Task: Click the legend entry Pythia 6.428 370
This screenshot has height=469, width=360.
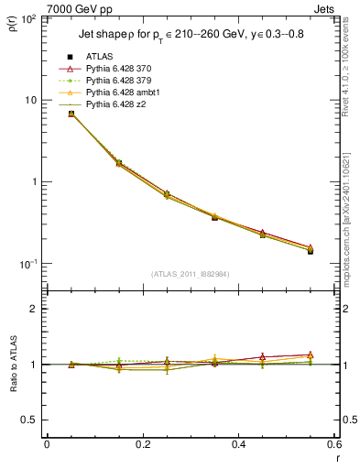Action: click(115, 69)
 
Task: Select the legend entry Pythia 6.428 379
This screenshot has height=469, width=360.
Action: click(115, 81)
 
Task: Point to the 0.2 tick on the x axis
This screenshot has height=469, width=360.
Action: click(142, 444)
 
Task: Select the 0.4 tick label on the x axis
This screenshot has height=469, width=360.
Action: click(238, 444)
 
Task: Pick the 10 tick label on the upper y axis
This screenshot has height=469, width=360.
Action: click(33, 100)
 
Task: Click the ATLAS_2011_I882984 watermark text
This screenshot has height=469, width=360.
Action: click(191, 274)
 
